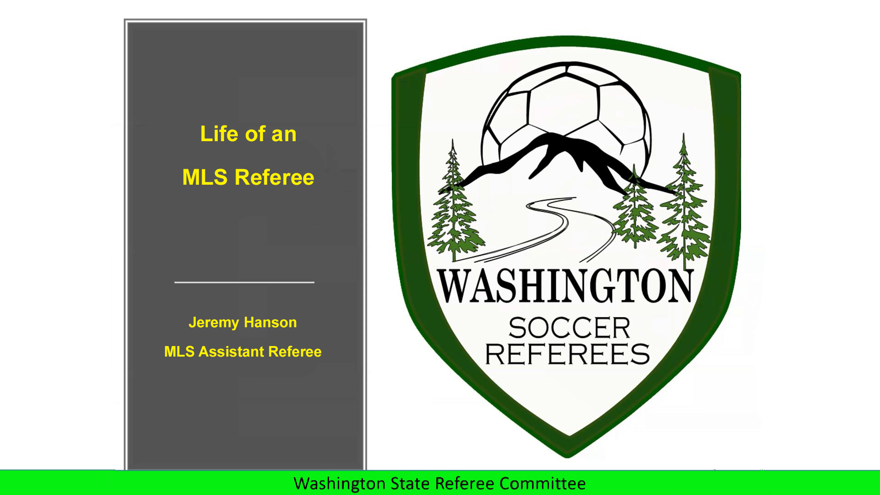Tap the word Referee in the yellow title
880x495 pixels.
274,177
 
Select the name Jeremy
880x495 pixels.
214,323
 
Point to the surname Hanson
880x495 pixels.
270,322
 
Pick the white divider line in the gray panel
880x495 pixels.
244,282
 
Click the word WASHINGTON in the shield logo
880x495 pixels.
565,286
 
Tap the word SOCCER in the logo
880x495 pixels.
569,328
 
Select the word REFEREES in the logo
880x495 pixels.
567,354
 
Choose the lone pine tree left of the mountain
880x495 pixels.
453,206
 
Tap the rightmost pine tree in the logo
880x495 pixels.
684,206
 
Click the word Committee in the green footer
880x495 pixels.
542,484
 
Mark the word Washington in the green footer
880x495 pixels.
340,484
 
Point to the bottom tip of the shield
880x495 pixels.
567,457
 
